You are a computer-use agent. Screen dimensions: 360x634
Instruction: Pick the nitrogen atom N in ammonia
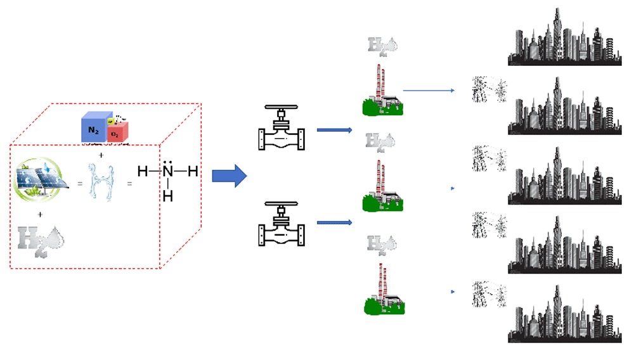coord(167,172)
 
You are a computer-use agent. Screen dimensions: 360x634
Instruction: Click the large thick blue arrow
coord(228,176)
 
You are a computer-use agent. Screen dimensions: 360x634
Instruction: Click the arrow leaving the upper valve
coord(334,131)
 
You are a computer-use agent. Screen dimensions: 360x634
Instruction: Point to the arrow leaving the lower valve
coord(334,222)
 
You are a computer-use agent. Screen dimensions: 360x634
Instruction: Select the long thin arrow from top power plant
coord(429,91)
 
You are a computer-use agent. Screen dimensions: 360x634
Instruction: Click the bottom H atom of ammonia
coord(167,196)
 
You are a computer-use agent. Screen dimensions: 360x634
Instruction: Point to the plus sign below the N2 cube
coord(101,155)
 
